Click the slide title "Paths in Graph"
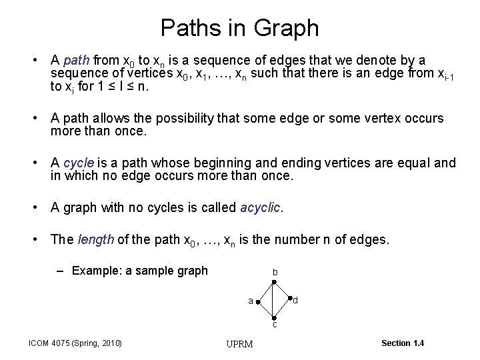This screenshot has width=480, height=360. [x=239, y=28]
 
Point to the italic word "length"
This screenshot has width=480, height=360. [x=95, y=240]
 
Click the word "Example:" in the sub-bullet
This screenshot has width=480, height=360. [x=94, y=271]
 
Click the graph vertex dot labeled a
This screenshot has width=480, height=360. [x=257, y=302]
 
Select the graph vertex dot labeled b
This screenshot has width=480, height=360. [x=274, y=283]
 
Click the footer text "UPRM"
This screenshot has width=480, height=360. [x=239, y=344]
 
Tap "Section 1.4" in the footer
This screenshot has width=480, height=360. [x=402, y=343]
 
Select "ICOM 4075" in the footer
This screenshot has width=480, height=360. [x=50, y=343]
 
